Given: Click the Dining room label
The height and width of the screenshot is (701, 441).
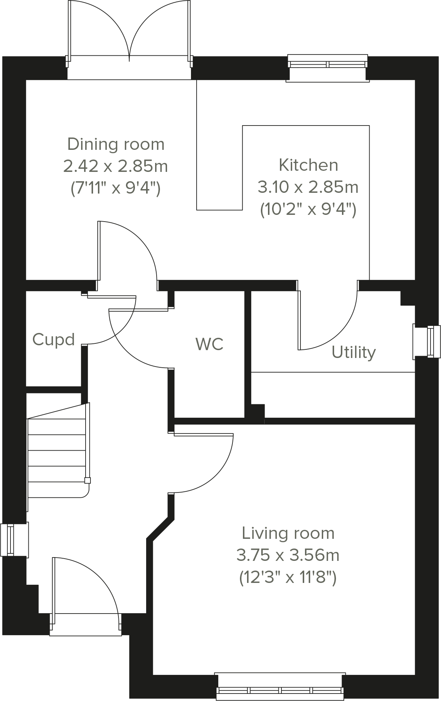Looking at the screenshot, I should (115, 144).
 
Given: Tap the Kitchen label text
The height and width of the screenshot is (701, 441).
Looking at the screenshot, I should (308, 165).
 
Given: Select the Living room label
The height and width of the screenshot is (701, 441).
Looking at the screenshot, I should (288, 533).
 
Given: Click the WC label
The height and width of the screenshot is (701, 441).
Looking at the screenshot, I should (209, 344).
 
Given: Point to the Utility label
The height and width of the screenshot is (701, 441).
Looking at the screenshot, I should (354, 352).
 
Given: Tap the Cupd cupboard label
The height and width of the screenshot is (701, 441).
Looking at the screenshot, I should (53, 339).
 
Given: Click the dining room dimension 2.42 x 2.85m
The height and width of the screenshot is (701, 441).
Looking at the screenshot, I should (115, 166).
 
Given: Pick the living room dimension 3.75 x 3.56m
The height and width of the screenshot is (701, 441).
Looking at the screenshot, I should (288, 555).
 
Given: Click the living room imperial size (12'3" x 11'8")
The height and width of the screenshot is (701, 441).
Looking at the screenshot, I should (288, 578).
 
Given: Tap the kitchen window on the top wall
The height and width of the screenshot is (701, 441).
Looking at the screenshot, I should (328, 64).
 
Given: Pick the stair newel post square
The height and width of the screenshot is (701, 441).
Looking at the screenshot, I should (87, 481).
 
